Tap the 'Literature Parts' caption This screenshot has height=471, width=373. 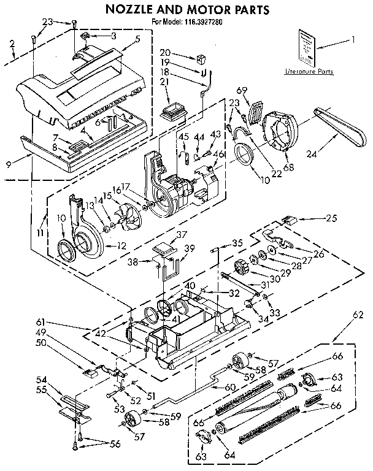point(309,72)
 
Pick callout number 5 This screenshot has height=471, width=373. point(137,38)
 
